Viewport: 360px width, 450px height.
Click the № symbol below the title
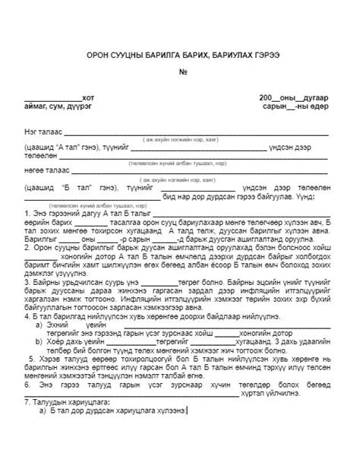point(182,73)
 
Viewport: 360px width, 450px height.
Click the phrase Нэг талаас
point(43,132)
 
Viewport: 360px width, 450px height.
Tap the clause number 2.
point(27,246)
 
